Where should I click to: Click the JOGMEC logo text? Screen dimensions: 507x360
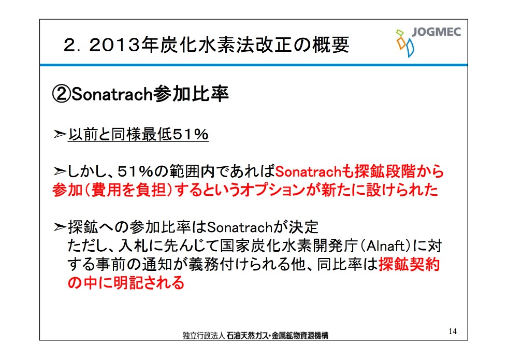pos(436,32)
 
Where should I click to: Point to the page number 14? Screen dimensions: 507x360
pos(453,331)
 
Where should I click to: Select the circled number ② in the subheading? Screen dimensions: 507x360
pos(61,94)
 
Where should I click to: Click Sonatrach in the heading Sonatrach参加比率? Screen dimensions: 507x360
pos(111,94)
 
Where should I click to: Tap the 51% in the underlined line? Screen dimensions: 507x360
pos(191,134)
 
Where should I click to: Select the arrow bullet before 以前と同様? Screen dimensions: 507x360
pos(60,134)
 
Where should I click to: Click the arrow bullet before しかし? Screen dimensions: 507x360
pos(60,171)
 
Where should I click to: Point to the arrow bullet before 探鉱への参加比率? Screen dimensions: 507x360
pos(60,227)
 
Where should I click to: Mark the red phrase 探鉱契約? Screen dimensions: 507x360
pos(409,264)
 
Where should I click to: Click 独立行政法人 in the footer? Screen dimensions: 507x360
pos(204,336)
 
